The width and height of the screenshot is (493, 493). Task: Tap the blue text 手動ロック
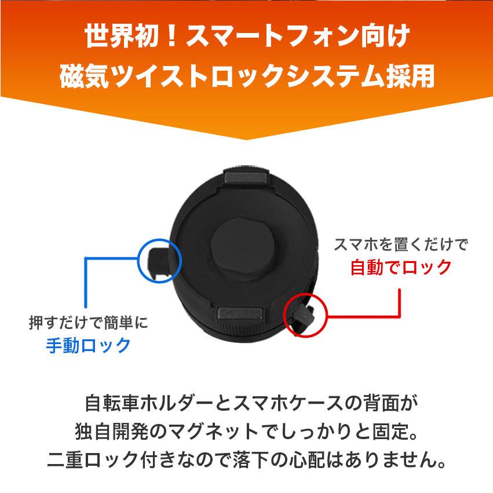pyautogui.click(x=88, y=345)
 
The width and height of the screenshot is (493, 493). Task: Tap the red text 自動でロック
pyautogui.click(x=401, y=267)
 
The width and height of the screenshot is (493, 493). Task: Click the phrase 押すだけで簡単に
pyautogui.click(x=88, y=323)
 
